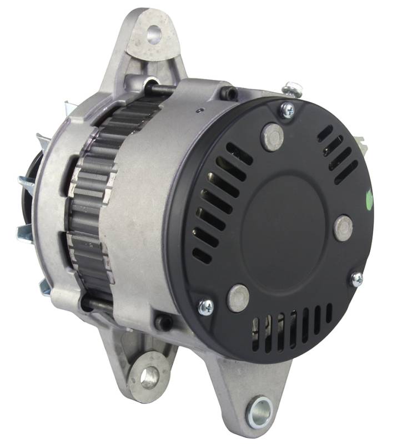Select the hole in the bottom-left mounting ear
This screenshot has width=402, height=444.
148,377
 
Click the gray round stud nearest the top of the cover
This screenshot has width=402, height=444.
272,137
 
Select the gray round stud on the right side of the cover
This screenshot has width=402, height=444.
343,228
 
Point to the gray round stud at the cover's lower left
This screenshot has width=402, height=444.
238,297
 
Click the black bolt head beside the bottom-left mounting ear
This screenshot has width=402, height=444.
163,321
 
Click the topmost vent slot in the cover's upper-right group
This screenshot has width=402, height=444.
324,133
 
